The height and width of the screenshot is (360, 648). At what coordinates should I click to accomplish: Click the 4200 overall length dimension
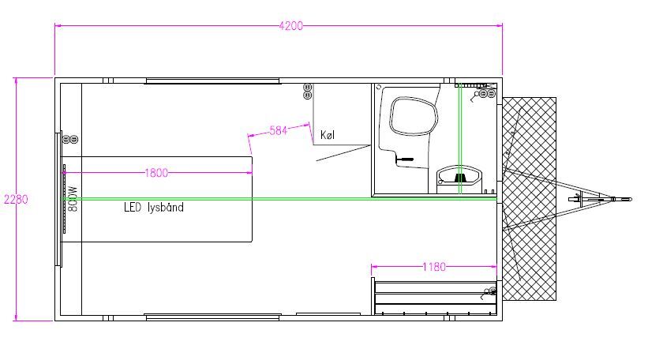[291, 25]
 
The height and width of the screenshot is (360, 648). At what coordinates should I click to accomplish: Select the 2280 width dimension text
[16, 199]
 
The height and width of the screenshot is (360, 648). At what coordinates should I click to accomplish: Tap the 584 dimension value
[278, 130]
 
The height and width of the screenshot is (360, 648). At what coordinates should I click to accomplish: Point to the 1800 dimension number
[156, 173]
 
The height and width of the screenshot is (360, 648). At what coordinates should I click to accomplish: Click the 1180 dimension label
[434, 267]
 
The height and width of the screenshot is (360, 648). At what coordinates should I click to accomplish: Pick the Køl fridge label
[328, 135]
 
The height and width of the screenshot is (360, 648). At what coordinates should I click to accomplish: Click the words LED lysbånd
[154, 207]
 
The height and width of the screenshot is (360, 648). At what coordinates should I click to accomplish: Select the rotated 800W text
[73, 199]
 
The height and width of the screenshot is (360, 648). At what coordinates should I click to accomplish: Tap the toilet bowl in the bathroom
[413, 116]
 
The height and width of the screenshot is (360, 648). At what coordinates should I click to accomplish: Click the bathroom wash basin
[459, 177]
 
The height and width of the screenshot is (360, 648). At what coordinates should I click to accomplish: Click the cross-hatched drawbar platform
[529, 199]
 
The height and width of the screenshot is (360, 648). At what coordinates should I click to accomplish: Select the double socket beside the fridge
[308, 92]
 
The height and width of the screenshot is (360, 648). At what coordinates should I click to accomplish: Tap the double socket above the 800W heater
[70, 140]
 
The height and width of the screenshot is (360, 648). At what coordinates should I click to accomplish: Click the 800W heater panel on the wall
[64, 199]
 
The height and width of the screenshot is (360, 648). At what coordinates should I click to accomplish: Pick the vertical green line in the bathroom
[459, 138]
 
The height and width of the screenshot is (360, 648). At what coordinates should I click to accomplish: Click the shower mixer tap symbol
[404, 159]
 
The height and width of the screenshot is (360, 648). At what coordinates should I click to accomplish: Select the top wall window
[212, 81]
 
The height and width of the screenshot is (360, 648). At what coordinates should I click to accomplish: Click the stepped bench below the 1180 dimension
[435, 298]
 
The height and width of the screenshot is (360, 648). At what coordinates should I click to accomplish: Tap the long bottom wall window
[212, 317]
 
